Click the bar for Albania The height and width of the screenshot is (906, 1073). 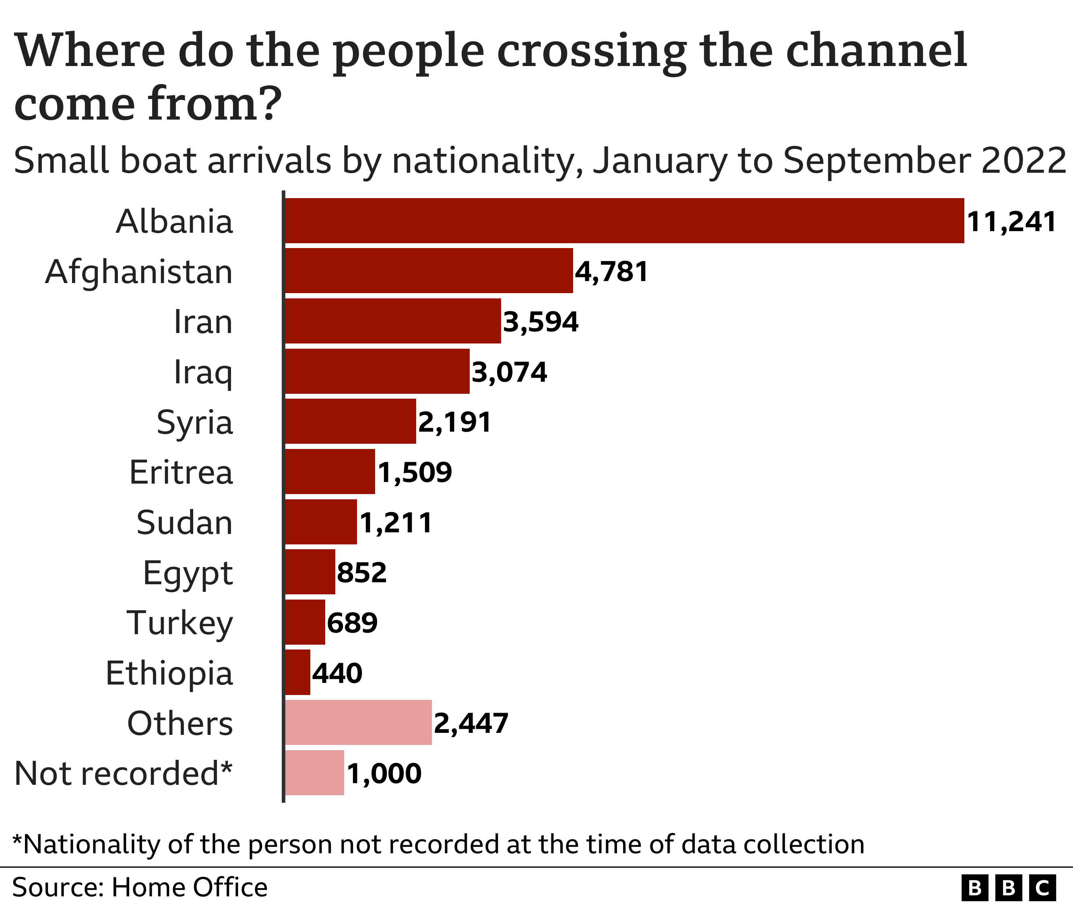[624, 220]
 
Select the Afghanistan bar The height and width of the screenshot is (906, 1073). [429, 271]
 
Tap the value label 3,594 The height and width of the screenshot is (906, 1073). [540, 322]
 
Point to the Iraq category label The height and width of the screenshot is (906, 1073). [203, 372]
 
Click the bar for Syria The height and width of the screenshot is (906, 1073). [350, 421]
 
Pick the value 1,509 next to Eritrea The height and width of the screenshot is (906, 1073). [415, 472]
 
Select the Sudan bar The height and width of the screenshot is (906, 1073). [321, 522]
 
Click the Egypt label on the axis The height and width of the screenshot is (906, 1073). [188, 573]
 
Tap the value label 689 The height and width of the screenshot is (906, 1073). [352, 623]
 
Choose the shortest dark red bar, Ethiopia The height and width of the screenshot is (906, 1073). [298, 672]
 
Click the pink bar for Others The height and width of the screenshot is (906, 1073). [358, 722]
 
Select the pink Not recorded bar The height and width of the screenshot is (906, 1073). [314, 772]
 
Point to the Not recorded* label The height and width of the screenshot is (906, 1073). [123, 773]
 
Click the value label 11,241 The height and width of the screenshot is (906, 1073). [1011, 222]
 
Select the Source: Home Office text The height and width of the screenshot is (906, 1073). [140, 887]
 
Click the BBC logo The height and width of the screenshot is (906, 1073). [1008, 887]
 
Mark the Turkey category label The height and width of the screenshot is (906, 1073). [180, 623]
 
